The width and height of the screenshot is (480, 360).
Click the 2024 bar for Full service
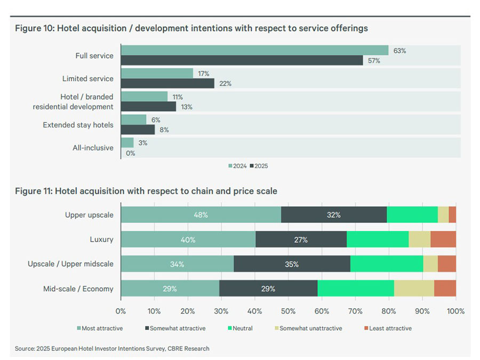pos(254,50)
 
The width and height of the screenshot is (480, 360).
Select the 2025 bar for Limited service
pos(167,83)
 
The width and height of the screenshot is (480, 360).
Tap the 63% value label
pos(399,51)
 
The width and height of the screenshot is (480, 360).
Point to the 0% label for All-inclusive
pos(130,153)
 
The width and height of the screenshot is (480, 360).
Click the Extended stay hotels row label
pos(78,125)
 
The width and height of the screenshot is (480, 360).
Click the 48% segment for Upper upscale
pos(201,214)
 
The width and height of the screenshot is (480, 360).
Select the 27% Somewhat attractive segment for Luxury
pos(301,239)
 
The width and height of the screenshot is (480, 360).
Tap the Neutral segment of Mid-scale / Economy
pos(356,289)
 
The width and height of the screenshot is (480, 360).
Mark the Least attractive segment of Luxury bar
pos(443,239)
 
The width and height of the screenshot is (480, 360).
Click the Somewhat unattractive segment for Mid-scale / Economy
pos(414,289)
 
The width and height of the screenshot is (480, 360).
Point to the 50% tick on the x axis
pos(289,311)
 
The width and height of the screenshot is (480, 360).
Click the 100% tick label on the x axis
pos(455,311)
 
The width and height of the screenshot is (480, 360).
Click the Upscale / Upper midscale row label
pos(70,264)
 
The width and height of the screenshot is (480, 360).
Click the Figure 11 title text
pos(146,191)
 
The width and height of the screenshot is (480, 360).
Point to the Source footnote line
pos(112,348)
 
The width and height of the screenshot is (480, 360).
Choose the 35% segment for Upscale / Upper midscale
pos(292,264)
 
